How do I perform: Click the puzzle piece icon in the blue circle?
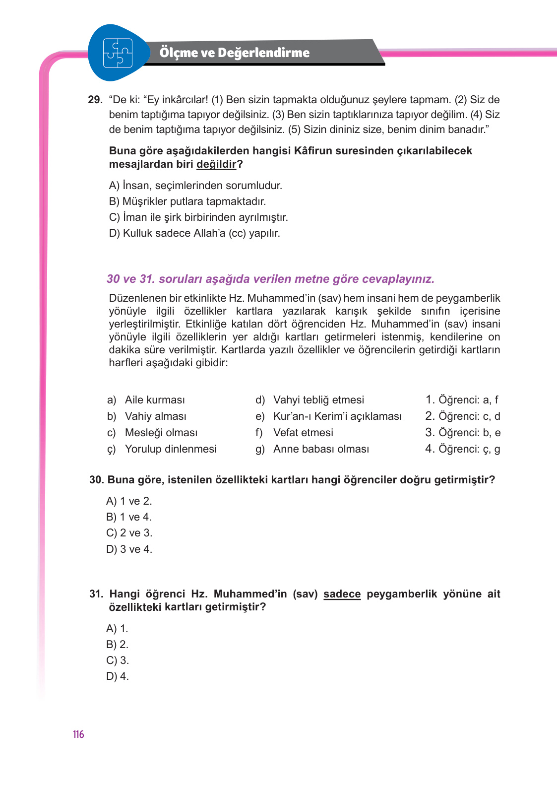click(118, 53)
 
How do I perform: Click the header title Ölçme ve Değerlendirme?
click(234, 53)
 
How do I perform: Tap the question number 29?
click(95, 100)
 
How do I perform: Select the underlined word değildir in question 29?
click(216, 164)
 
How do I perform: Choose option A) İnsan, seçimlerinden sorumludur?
click(195, 186)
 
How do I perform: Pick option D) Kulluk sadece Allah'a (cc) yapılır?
click(194, 233)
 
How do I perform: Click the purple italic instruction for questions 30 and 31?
click(270, 279)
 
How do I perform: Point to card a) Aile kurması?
click(146, 400)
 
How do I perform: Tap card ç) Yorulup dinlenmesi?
click(162, 449)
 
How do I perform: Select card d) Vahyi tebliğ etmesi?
click(310, 400)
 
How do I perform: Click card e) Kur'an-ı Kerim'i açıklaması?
click(328, 416)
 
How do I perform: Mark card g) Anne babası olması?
click(312, 449)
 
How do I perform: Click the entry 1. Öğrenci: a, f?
click(462, 400)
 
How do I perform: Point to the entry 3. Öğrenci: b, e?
click(463, 433)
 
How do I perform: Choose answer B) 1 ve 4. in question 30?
click(129, 517)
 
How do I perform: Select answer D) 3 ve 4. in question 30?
click(129, 549)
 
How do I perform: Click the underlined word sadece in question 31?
click(342, 594)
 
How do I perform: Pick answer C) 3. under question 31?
click(118, 660)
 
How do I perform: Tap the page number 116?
click(78, 734)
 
